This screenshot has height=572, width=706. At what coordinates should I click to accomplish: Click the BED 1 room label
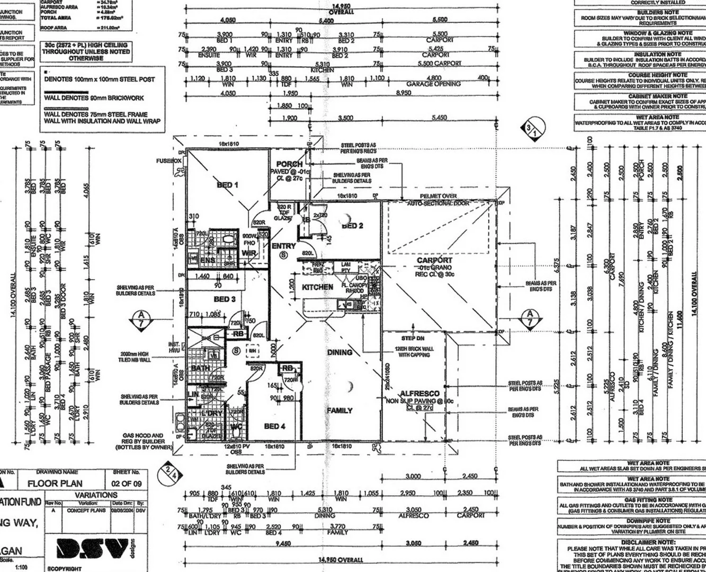[227, 185]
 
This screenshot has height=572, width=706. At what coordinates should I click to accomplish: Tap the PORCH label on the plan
[289, 164]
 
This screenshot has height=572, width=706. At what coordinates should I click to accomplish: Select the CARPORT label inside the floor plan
[434, 260]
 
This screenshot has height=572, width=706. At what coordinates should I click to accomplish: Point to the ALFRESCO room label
[419, 394]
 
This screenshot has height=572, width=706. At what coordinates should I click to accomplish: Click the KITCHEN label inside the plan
[317, 287]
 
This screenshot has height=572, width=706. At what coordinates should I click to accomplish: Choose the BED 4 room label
[274, 426]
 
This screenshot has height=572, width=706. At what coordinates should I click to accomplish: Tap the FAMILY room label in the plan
[339, 410]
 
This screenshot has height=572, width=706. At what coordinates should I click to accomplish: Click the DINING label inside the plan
[339, 352]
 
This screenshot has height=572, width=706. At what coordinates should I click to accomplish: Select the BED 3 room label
[224, 299]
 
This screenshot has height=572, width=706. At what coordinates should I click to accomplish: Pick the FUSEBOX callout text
[168, 160]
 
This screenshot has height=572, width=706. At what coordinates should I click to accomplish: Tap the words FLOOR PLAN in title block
[55, 484]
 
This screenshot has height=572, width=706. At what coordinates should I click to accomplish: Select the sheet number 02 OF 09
[126, 484]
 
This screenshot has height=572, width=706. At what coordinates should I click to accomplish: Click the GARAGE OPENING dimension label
[433, 84]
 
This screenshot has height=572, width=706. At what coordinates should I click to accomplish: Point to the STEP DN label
[412, 338]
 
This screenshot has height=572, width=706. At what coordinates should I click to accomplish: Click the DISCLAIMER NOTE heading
[648, 542]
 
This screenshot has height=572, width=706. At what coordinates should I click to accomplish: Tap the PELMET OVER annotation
[438, 196]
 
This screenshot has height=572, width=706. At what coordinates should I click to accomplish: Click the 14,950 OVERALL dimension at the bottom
[341, 560]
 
